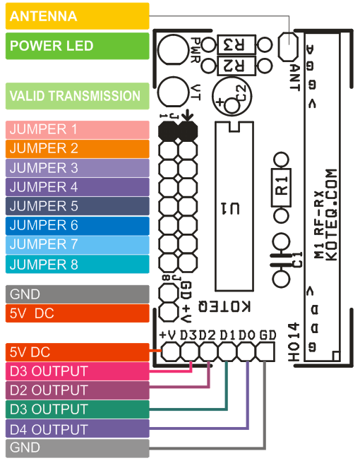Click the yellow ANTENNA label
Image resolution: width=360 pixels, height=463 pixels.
78,16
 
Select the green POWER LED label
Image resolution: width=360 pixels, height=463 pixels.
78,46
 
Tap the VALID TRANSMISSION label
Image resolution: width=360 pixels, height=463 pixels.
78,96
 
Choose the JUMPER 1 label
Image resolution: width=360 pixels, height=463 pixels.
78,130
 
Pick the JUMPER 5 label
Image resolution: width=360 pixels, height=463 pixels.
78,207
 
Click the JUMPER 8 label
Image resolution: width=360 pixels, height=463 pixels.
78,265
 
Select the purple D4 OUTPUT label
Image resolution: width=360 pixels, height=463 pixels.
78,429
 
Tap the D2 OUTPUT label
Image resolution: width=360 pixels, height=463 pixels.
78,390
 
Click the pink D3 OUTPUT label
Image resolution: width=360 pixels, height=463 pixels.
78,371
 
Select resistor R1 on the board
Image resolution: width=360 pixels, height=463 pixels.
281,186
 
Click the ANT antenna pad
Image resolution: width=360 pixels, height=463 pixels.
287,47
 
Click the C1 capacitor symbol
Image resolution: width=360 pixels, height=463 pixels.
281,258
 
